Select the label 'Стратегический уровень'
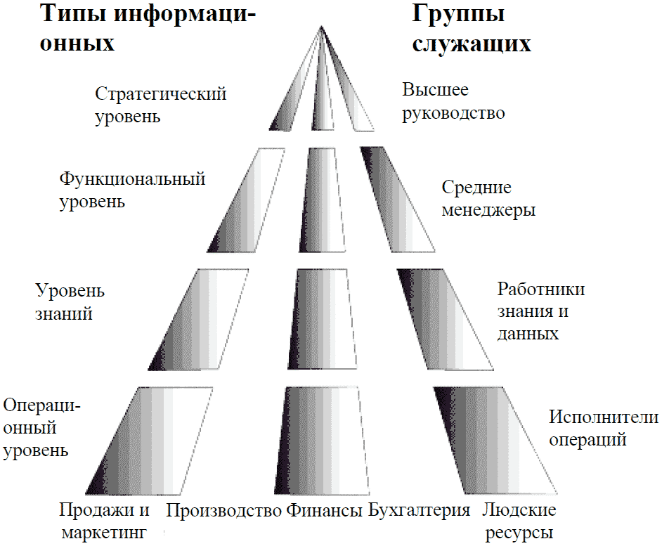[161, 105]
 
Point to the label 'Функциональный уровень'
[132, 190]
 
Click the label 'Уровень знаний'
[70, 301]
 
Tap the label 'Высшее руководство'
[453, 101]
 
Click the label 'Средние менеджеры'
[488, 199]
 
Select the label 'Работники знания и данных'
[540, 311]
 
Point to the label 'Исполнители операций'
[603, 429]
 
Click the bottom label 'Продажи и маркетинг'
[104, 520]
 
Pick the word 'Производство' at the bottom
[223, 510]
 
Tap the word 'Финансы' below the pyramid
[324, 510]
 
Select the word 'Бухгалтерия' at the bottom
[419, 510]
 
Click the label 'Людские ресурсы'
[519, 520]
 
